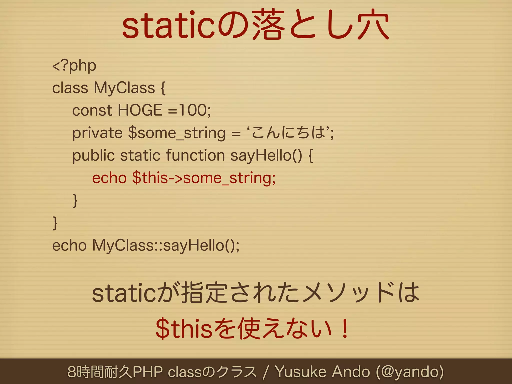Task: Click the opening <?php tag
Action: pyautogui.click(x=74, y=66)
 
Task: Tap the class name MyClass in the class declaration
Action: pyautogui.click(x=124, y=88)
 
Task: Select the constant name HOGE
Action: pyautogui.click(x=140, y=110)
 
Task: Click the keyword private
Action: pyautogui.click(x=97, y=133)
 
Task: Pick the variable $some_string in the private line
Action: pyautogui.click(x=177, y=133)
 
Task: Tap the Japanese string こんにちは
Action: pyautogui.click(x=289, y=132)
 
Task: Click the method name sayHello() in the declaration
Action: pyautogui.click(x=266, y=155)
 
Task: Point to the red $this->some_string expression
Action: pyautogui.click(x=204, y=178)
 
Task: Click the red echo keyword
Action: pyautogui.click(x=109, y=178)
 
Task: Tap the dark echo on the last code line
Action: pyautogui.click(x=69, y=245)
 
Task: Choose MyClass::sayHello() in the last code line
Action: pyautogui.click(x=165, y=245)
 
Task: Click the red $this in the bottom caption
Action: pyautogui.click(x=184, y=328)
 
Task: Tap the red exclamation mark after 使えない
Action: pyautogui.click(x=345, y=328)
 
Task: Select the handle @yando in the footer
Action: pyautogui.click(x=410, y=371)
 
